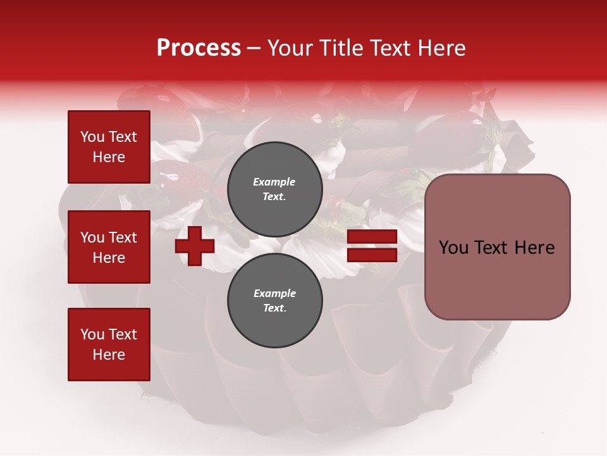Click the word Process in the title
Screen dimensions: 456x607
pos(199,48)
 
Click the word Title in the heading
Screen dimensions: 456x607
pos(341,48)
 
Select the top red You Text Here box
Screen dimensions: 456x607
pos(109,147)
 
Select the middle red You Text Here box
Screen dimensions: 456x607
pos(109,247)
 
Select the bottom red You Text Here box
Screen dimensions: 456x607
pos(109,344)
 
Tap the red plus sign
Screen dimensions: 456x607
pos(195,246)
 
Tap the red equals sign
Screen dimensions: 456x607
pos(372,246)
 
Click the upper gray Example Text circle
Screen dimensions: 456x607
pos(274,189)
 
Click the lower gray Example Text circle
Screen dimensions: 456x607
pos(274,300)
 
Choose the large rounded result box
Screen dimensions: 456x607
pos(497,247)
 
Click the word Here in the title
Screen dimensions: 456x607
pos(442,48)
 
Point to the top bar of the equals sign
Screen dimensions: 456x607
pos(372,237)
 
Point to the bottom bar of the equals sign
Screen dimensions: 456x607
pos(372,255)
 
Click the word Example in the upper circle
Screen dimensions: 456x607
pos(274,182)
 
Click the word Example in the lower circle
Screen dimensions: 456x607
pos(274,293)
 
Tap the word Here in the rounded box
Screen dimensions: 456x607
pos(534,248)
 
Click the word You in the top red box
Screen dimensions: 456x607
pos(92,137)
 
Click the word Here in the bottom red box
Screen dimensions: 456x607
pos(109,355)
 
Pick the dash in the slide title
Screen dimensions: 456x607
pos(254,48)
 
